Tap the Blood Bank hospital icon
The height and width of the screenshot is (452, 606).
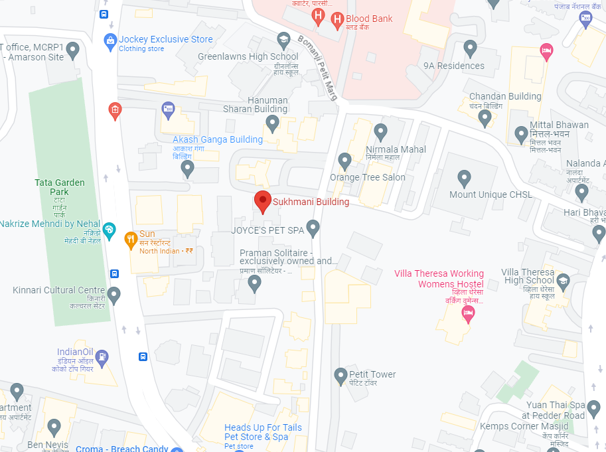337,19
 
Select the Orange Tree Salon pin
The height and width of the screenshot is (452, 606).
344,160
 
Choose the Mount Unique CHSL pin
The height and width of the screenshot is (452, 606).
465,177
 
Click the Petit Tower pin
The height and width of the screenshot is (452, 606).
341,375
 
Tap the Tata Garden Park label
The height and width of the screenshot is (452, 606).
52,187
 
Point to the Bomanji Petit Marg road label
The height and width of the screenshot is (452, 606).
317,66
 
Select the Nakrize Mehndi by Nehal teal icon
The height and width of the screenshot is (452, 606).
110,232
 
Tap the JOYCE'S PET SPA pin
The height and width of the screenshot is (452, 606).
313,228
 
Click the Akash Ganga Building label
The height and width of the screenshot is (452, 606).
218,139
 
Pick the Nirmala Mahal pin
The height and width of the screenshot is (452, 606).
381,131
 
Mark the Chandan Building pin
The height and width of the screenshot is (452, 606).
485,117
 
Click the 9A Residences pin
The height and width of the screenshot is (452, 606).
471,48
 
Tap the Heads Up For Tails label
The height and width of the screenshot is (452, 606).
263,427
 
